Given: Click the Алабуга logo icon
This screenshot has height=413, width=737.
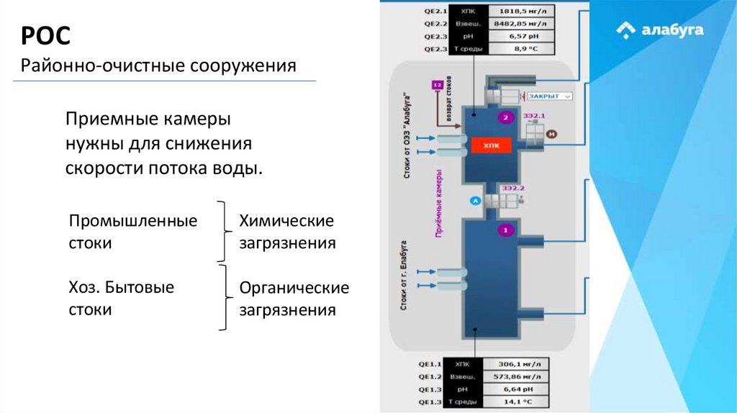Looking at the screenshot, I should coord(626,30).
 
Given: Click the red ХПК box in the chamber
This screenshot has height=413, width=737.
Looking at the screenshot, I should coord(492,145).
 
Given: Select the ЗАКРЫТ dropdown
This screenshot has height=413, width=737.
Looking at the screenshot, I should coord(548,96).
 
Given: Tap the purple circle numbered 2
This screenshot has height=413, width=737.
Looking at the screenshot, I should coord(506,118).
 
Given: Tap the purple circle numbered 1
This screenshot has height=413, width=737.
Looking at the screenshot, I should coord(505,230).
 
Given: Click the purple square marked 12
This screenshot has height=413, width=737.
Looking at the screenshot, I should coord(437,85).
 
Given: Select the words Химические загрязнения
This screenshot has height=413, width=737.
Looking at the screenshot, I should coord(287,232).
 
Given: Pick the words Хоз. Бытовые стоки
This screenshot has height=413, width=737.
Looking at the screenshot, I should coord(122,299).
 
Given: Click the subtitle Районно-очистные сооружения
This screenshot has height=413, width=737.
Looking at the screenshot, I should coord(158,66).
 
